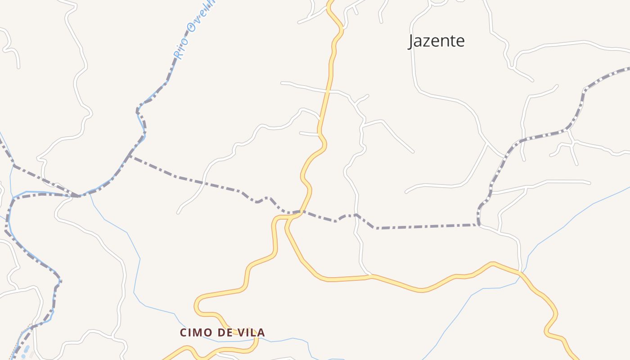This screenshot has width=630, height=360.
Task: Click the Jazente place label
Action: coord(436,41)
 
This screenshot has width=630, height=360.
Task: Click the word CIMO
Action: coord(196,333)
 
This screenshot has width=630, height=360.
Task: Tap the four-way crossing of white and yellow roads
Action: coord(328,91)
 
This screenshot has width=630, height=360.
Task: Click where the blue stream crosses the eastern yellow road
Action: coord(521,273)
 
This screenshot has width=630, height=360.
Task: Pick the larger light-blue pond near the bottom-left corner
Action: coord(27,349)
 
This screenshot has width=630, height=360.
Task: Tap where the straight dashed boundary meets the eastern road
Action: coord(479,224)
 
